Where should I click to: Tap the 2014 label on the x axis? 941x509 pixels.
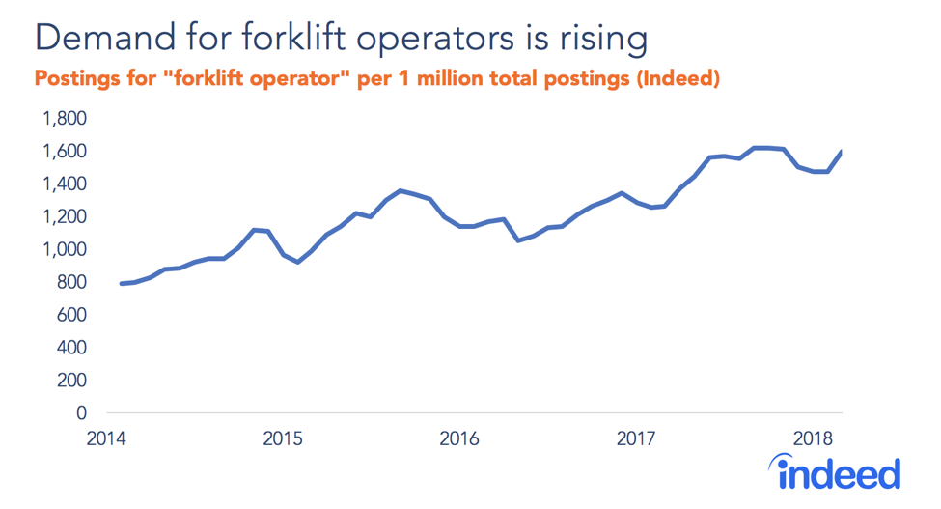pyautogui.click(x=105, y=439)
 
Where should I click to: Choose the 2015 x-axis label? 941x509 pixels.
pyautogui.click(x=282, y=439)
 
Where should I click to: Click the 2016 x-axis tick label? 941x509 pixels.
pyautogui.click(x=458, y=439)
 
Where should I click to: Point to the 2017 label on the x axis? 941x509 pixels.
pyautogui.click(x=636, y=439)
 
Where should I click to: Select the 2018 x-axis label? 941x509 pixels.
pyautogui.click(x=812, y=439)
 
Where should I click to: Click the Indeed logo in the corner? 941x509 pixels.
pyautogui.click(x=839, y=474)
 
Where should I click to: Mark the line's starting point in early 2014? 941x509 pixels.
pyautogui.click(x=122, y=283)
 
